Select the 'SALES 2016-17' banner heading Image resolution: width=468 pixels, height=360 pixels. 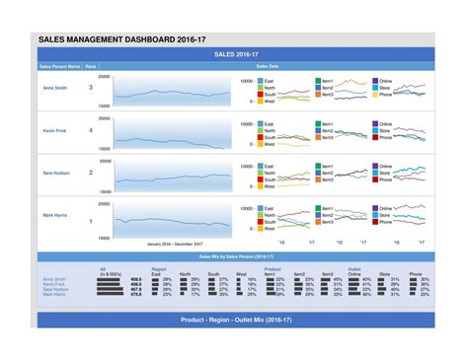(x=234, y=55)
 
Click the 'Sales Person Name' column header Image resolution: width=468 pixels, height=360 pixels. (x=58, y=66)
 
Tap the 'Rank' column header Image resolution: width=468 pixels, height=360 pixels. (x=91, y=66)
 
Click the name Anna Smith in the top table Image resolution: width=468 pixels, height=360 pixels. (x=55, y=88)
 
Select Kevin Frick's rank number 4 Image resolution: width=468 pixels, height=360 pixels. (x=91, y=130)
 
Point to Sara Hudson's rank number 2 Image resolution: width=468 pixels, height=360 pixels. (x=91, y=173)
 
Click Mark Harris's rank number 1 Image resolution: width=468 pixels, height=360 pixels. (x=91, y=222)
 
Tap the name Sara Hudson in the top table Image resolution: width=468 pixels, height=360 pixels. (x=55, y=173)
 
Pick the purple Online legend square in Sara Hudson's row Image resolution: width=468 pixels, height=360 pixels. (x=375, y=166)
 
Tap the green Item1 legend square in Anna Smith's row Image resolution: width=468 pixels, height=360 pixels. (x=317, y=81)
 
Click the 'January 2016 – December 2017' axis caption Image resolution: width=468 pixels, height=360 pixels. (x=174, y=244)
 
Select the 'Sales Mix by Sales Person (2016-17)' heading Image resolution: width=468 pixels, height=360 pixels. (x=235, y=255)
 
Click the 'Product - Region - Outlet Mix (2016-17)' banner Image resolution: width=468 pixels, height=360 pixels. (x=234, y=322)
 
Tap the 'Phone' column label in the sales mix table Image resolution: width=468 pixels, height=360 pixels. (x=416, y=273)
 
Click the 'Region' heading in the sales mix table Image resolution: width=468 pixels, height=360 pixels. (x=158, y=268)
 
